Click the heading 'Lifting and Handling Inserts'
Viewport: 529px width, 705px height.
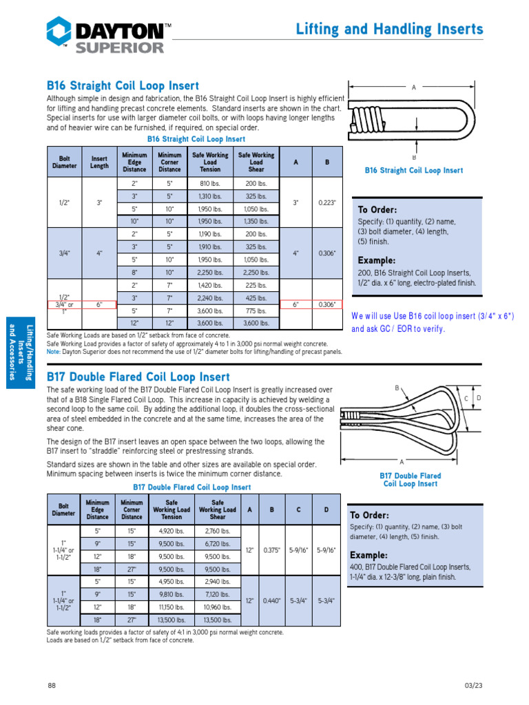389,29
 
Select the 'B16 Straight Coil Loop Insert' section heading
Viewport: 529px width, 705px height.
123,86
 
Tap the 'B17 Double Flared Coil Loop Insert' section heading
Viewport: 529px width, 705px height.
138,377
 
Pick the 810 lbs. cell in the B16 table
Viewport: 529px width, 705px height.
210,185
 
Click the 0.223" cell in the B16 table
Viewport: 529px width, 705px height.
326,203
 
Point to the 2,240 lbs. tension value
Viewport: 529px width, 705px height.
210,298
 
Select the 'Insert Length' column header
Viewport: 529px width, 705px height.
99,162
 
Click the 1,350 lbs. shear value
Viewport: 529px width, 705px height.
256,222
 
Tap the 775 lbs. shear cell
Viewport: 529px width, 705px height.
256,310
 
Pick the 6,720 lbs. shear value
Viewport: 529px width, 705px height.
218,543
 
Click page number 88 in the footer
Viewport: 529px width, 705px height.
52,685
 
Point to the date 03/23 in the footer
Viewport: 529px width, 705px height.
474,685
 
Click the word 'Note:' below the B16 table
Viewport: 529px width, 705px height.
54,352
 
